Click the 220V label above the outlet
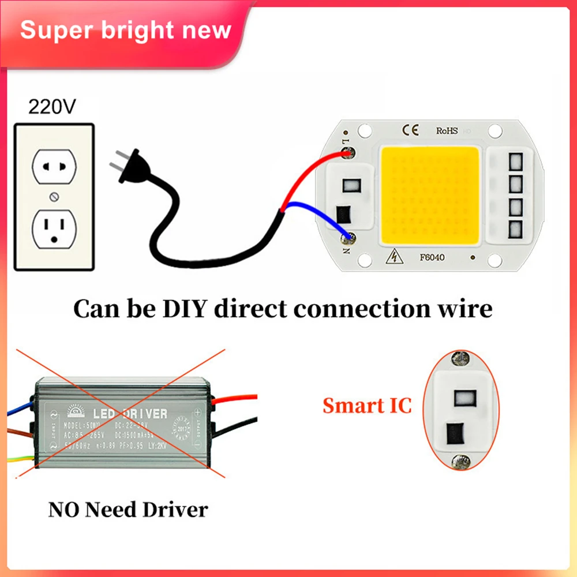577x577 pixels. [53, 106]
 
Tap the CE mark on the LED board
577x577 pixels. [414, 129]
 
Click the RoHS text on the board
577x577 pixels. [447, 130]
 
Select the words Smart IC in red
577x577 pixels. [367, 406]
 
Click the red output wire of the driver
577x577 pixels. [237, 398]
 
